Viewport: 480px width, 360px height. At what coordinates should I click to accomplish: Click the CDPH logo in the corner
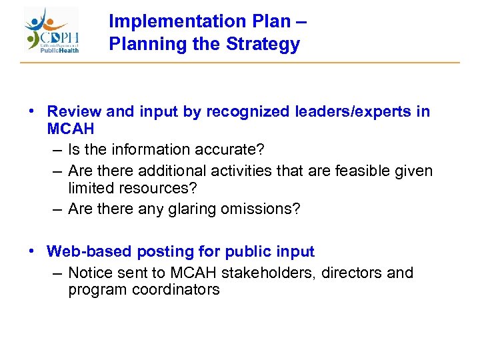click(52, 31)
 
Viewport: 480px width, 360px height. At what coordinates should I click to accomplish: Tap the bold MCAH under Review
click(71, 128)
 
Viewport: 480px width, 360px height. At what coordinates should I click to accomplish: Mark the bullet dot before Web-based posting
click(32, 251)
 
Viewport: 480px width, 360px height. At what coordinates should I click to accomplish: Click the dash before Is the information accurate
click(58, 149)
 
